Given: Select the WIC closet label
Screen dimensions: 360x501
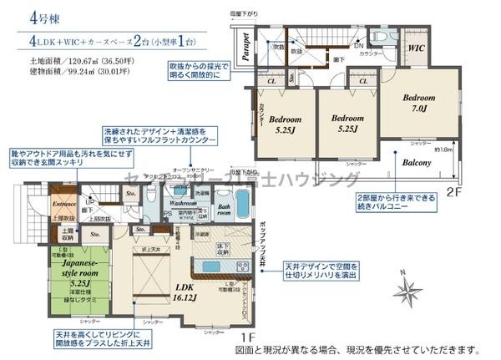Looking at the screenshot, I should point(417,48).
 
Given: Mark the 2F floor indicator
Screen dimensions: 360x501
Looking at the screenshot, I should point(453,191).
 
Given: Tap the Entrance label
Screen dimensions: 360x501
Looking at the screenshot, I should point(41,203).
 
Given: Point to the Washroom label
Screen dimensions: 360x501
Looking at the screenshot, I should point(182,202).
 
